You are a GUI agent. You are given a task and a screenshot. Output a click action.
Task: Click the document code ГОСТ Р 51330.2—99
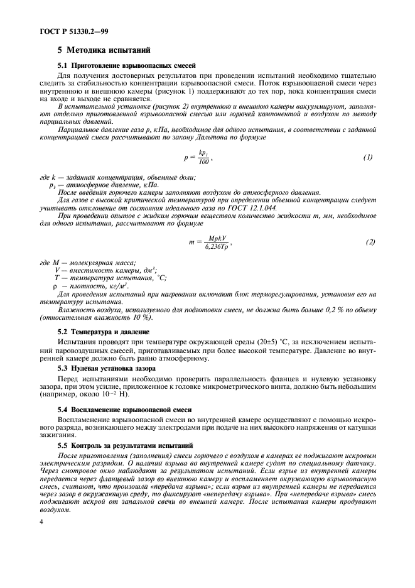tap(63, 30)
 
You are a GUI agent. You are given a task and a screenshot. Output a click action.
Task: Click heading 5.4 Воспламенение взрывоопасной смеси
tap(124, 408)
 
